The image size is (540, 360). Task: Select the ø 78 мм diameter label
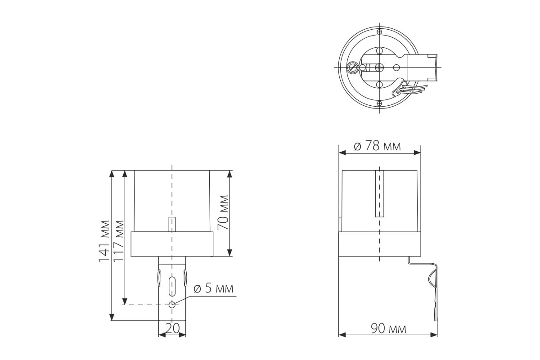[x=377, y=146]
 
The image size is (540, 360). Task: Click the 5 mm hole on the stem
[x=172, y=305]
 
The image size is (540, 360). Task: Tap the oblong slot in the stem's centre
[x=172, y=285]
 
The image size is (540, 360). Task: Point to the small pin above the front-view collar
[x=172, y=224]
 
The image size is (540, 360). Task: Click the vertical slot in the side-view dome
[x=379, y=193]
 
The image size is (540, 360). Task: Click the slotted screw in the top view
[x=353, y=68]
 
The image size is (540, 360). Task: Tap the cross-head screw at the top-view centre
[x=379, y=67]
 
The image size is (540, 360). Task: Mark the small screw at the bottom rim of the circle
[x=379, y=103]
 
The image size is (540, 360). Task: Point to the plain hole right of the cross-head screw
[x=396, y=67]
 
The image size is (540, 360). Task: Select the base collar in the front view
[x=172, y=244]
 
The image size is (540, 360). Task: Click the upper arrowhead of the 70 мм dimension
[x=229, y=174]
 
